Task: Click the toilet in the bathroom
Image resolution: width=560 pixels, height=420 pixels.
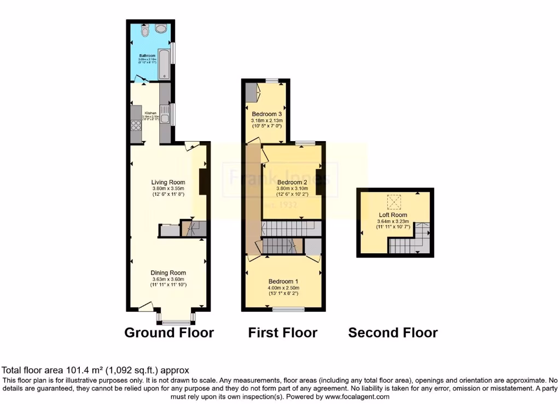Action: (144, 32)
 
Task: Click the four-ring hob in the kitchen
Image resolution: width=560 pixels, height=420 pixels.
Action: (136, 126)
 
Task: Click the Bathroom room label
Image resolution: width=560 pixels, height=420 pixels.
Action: (148, 56)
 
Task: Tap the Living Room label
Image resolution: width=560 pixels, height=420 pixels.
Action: (168, 182)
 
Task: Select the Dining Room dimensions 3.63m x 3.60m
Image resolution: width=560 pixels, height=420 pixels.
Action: (169, 279)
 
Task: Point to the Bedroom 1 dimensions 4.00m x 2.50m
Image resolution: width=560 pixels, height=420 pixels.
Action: (283, 288)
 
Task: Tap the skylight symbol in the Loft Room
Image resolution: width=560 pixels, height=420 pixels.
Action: (393, 202)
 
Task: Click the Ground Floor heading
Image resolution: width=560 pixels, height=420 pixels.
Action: (169, 332)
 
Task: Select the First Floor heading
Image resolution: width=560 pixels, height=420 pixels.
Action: (283, 332)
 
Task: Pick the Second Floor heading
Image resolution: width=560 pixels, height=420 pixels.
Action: (393, 332)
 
